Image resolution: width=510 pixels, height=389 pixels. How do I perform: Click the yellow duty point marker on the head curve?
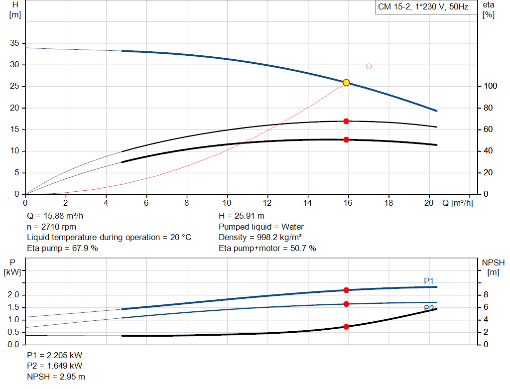(x=346, y=83)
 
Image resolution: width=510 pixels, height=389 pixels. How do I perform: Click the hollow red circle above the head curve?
(x=369, y=66)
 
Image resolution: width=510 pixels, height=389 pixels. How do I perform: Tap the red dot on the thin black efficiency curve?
(x=346, y=122)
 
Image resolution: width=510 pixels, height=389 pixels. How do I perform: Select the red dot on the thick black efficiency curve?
(x=346, y=140)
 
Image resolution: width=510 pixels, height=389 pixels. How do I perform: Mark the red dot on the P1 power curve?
(x=346, y=290)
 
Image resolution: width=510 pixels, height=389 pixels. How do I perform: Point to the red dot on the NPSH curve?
(x=346, y=327)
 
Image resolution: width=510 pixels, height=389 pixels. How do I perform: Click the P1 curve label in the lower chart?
(x=429, y=281)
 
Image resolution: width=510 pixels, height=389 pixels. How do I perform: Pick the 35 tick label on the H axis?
(x=14, y=43)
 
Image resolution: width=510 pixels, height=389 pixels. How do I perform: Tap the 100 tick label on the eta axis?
(x=491, y=86)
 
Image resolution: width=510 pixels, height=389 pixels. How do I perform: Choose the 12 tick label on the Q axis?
(x=267, y=203)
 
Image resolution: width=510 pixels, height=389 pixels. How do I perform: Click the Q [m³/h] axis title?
(x=457, y=203)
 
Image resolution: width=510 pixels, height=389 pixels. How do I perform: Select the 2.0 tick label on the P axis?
(x=13, y=295)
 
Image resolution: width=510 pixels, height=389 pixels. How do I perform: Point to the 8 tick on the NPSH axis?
(x=486, y=295)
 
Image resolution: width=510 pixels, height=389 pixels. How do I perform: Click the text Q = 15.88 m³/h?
(x=55, y=216)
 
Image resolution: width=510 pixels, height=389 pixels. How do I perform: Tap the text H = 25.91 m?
(x=242, y=216)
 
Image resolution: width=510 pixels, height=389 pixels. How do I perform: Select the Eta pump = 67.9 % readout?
(x=62, y=248)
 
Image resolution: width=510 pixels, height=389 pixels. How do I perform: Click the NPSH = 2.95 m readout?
(x=56, y=377)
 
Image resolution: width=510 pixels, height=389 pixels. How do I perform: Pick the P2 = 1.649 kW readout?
(x=55, y=366)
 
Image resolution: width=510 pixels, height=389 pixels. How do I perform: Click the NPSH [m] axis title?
(x=493, y=267)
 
